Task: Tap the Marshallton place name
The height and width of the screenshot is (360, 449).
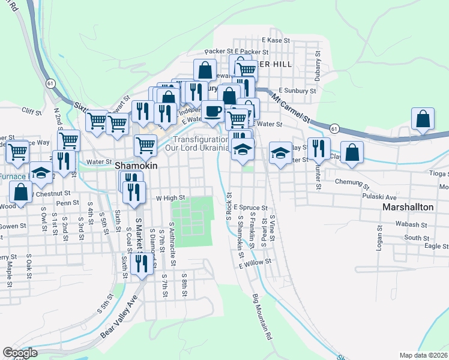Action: coord(408,207)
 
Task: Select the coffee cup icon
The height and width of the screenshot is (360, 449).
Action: coord(212,112)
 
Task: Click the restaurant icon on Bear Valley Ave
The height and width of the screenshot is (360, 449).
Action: coord(142,265)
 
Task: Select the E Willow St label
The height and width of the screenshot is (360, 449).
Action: coord(255,263)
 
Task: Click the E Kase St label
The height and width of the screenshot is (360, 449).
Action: coord(276,40)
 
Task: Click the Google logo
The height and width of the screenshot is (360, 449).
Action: coord(20,353)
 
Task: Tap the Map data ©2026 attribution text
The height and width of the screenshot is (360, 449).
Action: coord(424,355)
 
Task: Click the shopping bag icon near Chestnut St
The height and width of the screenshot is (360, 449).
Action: coord(21,193)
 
